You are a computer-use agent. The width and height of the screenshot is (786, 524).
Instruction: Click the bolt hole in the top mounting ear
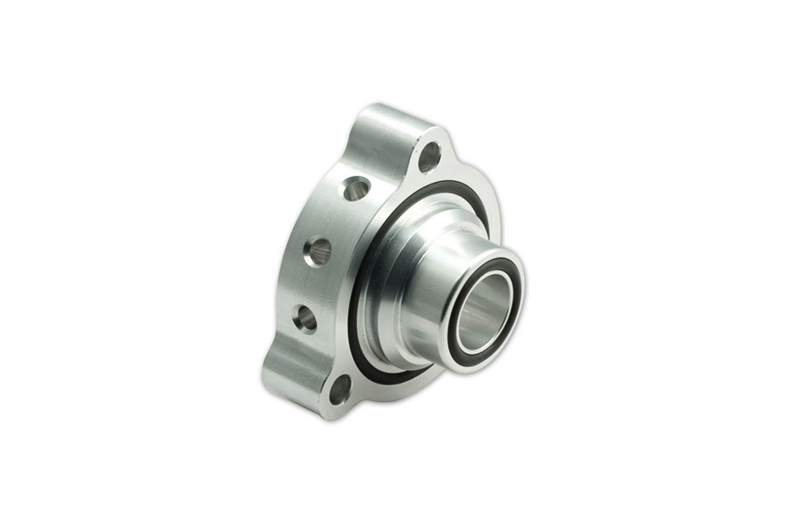coord(429,157)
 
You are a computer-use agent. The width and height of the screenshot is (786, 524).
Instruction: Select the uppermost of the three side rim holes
coord(356,189)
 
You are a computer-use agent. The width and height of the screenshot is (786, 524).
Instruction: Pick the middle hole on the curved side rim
coord(318,252)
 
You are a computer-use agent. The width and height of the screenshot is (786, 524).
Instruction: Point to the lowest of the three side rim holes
coord(305,319)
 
